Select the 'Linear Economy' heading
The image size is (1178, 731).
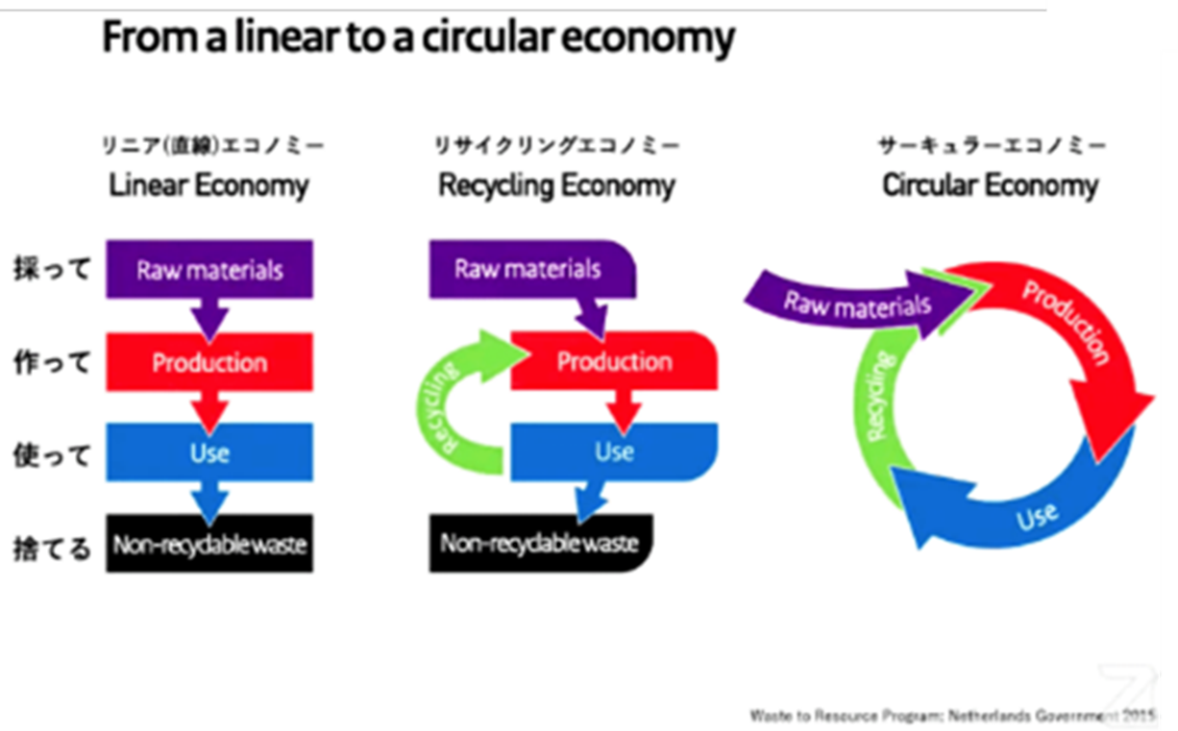(209, 184)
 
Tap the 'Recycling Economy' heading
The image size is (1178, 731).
(556, 184)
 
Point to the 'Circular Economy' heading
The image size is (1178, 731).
(990, 184)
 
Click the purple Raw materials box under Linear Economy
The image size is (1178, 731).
(209, 268)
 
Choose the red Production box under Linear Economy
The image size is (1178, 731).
(209, 362)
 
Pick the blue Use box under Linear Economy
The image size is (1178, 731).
(209, 451)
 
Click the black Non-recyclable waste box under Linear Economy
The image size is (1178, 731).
(209, 545)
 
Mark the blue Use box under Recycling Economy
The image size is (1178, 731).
(614, 451)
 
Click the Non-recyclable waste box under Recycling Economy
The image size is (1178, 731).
(539, 544)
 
